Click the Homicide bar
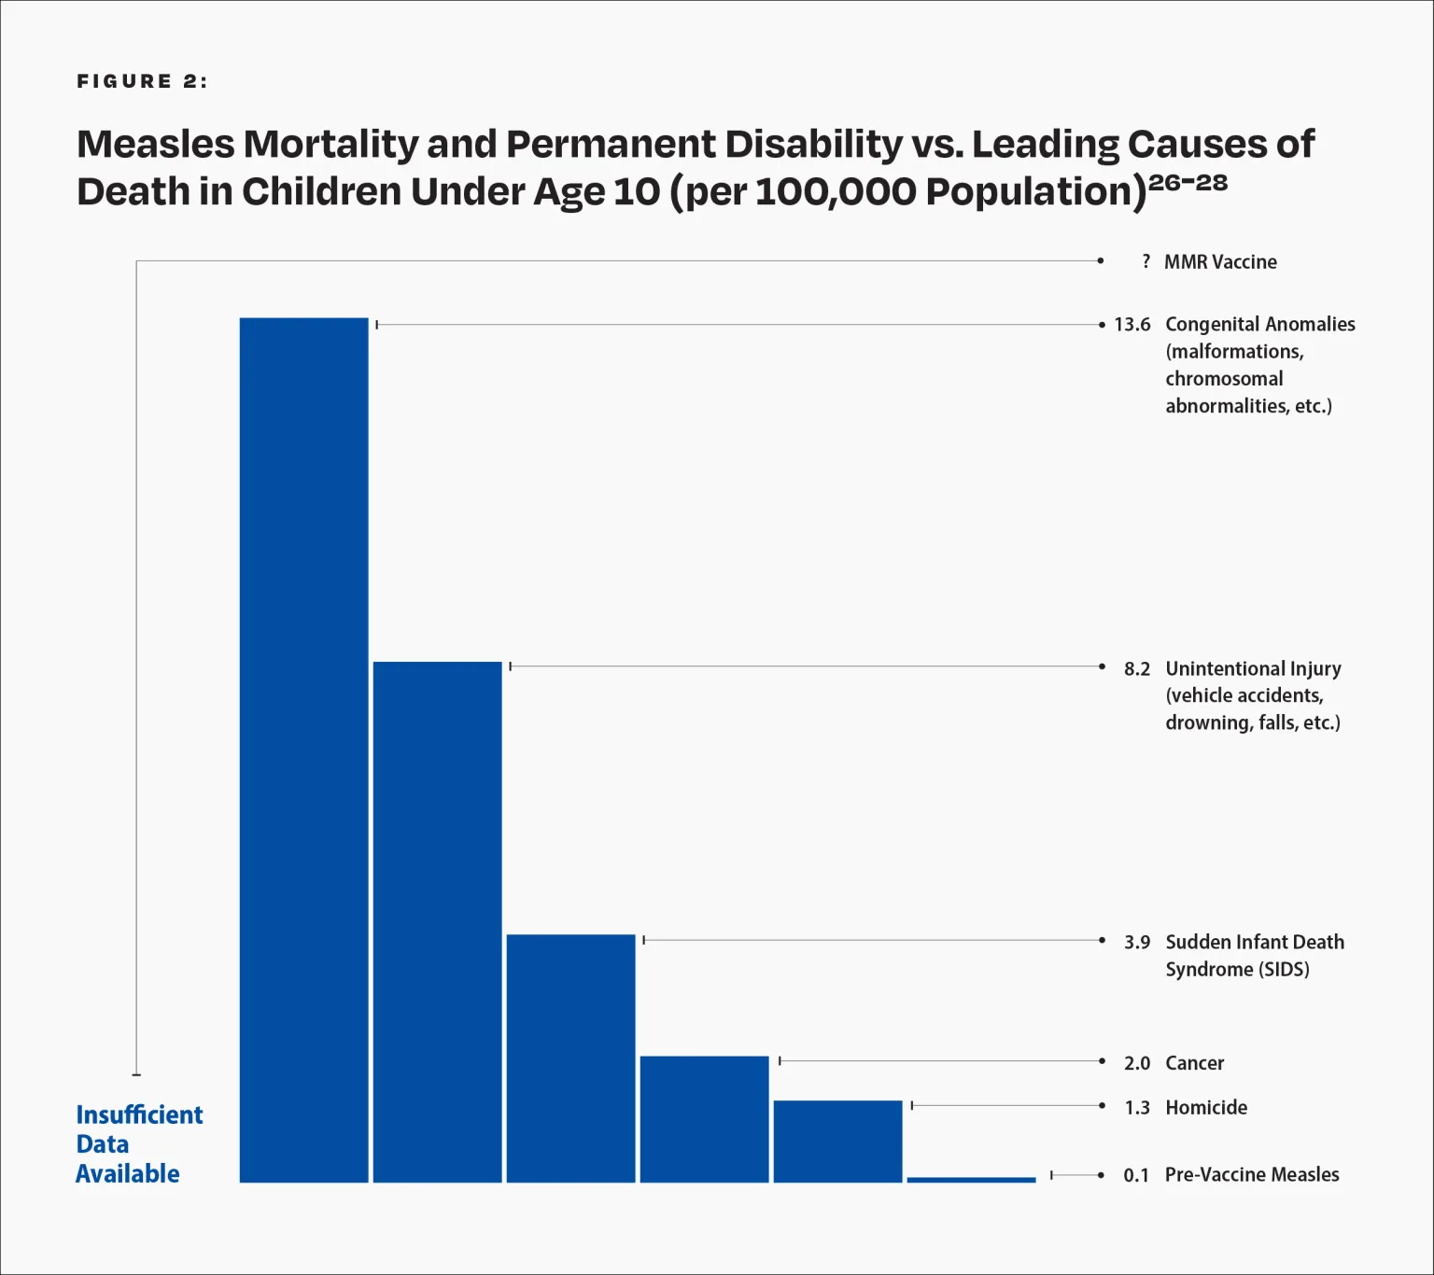tap(837, 1141)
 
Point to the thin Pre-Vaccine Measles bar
tap(971, 1180)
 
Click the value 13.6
tap(1132, 325)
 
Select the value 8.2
tap(1136, 669)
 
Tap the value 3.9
tap(1136, 942)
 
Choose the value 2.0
tap(1136, 1063)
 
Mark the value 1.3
tap(1136, 1108)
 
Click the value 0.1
tap(1135, 1175)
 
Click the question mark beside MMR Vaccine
tap(1146, 261)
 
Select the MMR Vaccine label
tap(1220, 262)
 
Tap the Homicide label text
tap(1206, 1108)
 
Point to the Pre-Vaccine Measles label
tap(1252, 1175)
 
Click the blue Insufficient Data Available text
tap(138, 1144)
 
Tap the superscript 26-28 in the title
tap(1188, 182)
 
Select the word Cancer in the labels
tap(1194, 1063)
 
